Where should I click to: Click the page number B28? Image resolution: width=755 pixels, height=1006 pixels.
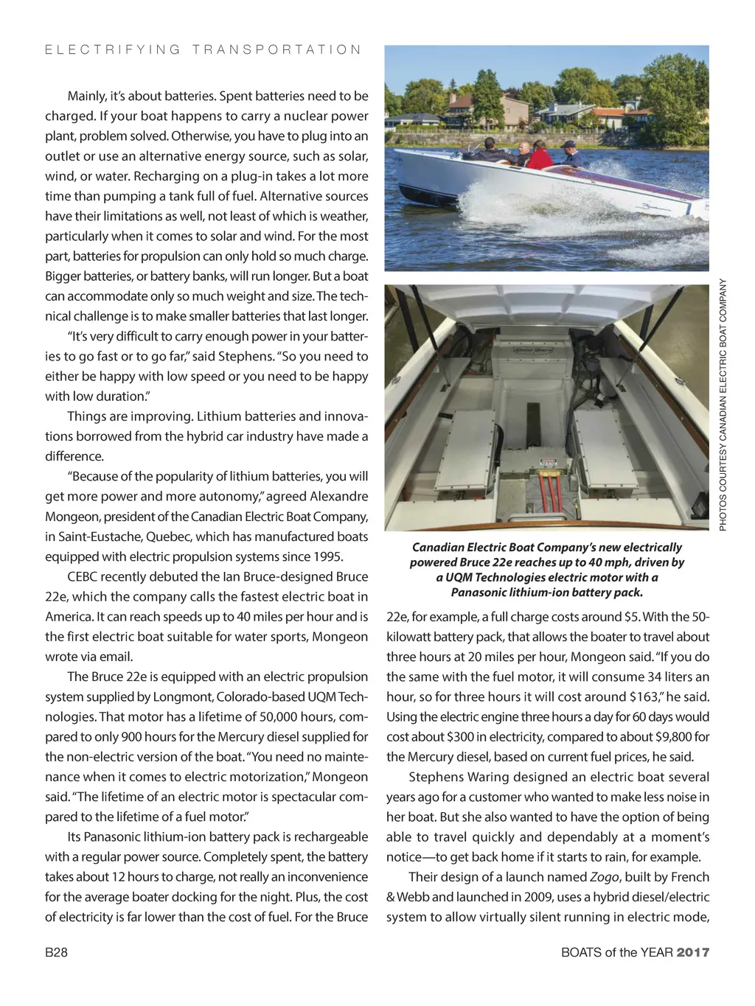(56, 952)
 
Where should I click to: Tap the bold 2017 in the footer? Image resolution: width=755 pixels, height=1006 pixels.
(693, 952)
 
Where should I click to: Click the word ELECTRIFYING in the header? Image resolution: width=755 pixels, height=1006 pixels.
(113, 49)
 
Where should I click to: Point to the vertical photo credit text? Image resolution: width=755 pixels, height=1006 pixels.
(723, 404)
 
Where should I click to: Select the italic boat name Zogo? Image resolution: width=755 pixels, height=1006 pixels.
(604, 877)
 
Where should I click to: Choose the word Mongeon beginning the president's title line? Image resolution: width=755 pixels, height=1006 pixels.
(72, 517)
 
